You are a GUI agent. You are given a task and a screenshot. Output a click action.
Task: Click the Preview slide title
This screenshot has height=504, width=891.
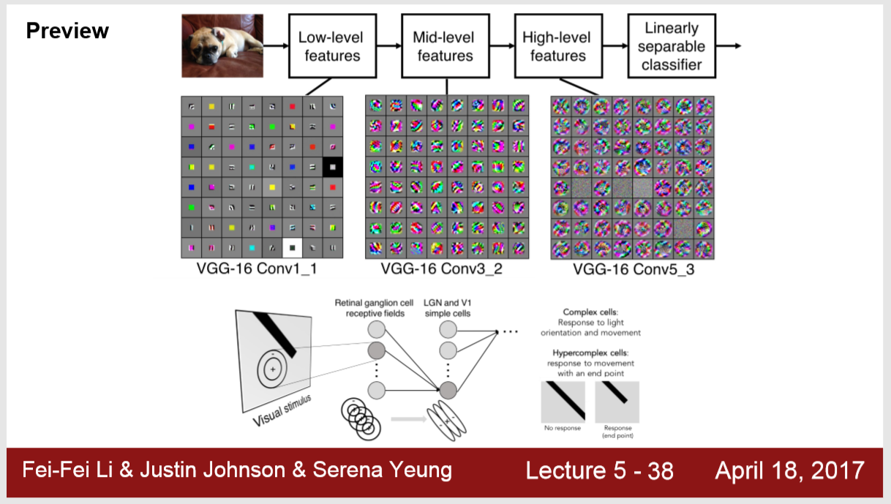[67, 31]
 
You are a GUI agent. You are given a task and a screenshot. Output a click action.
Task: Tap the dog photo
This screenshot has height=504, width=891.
[222, 47]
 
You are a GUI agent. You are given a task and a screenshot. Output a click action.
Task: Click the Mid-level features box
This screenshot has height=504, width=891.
[443, 46]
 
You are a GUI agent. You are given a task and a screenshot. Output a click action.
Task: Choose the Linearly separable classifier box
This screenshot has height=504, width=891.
[672, 46]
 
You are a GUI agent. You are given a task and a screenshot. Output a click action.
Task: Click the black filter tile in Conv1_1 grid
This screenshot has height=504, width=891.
[332, 167]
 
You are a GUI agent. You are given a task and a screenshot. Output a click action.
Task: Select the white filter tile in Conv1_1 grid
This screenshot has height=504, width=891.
[292, 248]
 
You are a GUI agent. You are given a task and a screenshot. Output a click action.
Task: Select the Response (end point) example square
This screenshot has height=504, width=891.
[617, 401]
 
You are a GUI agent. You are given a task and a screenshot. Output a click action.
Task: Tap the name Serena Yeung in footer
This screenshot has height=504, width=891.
[383, 470]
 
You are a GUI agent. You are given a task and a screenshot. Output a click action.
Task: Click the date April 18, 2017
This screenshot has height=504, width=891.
[789, 470]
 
